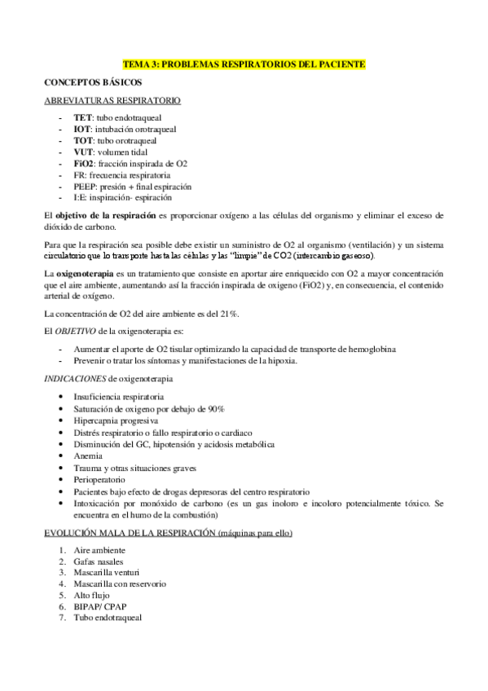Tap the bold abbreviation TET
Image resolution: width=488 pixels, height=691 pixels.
pyautogui.click(x=82, y=118)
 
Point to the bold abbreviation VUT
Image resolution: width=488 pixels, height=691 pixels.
pyautogui.click(x=83, y=152)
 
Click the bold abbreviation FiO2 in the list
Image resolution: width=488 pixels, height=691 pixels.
pyautogui.click(x=84, y=163)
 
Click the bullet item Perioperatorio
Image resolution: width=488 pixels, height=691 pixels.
pyautogui.click(x=100, y=481)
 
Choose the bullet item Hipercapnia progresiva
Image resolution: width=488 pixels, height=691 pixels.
pyautogui.click(x=116, y=420)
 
